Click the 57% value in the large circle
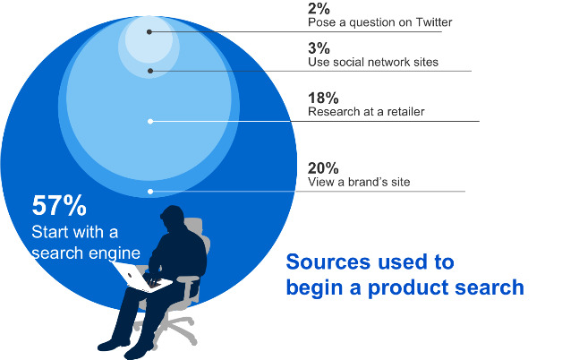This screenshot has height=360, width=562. click(x=59, y=205)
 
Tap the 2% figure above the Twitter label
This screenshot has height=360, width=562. click(x=319, y=9)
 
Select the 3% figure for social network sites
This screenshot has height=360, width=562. click(x=319, y=48)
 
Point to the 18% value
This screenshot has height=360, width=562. click(x=323, y=98)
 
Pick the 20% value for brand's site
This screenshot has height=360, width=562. click(x=323, y=168)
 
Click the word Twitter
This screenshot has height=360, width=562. click(x=434, y=22)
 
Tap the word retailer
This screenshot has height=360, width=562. click(x=405, y=112)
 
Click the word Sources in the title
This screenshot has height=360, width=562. click(x=328, y=261)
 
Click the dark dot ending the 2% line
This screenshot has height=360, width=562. click(x=149, y=32)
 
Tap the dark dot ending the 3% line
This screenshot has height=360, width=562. click(x=150, y=71)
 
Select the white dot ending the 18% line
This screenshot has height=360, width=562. click(x=150, y=122)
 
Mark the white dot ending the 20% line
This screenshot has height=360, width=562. click(x=150, y=192)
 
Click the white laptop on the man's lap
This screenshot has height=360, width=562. click(x=141, y=277)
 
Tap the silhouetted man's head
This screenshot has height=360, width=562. click(x=172, y=218)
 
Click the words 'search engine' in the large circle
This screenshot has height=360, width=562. click(x=86, y=253)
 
